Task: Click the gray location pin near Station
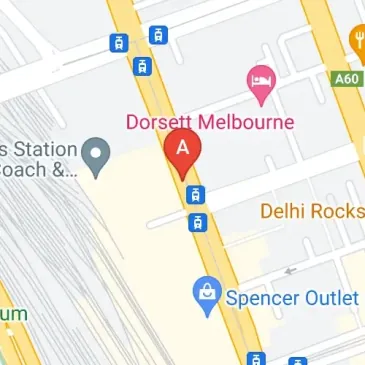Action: pos(95,155)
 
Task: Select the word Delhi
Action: pos(284,211)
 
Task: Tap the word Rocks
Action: pos(336,211)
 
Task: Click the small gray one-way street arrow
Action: pos(290,269)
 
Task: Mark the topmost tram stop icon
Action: pos(157,35)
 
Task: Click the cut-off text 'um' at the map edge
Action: pos(12,313)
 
